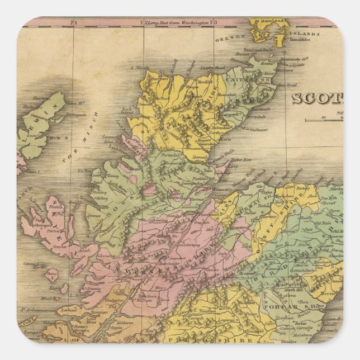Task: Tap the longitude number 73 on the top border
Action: coord(213,23)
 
